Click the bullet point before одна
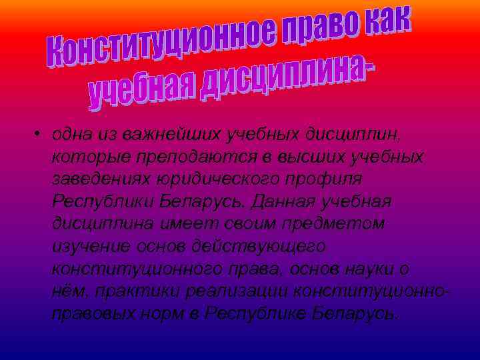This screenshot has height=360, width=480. (40, 133)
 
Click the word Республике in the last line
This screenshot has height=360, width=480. (254, 313)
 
